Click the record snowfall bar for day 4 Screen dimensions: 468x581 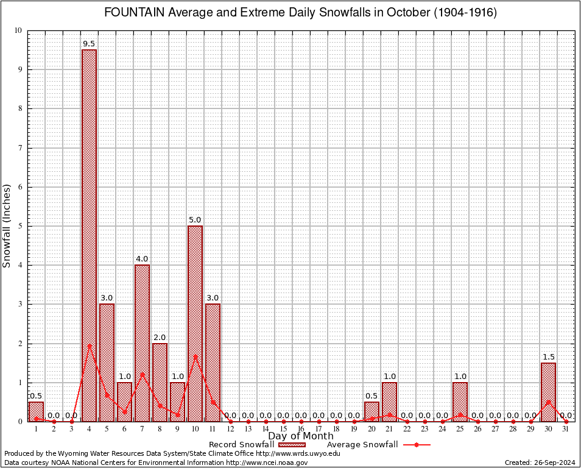click(89, 235)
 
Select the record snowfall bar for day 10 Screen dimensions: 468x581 click(195, 323)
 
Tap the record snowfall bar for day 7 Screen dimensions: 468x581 click(142, 342)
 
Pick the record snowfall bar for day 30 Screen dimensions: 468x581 click(548, 392)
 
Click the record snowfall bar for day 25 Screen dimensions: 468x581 click(460, 402)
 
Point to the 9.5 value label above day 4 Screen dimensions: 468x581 click(89, 44)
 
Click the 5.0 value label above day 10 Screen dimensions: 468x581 click(195, 220)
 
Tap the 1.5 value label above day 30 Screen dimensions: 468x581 click(548, 357)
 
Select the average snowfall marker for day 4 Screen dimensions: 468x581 click(89, 346)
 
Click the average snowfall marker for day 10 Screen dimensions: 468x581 click(195, 356)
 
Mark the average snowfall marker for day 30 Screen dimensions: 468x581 click(548, 402)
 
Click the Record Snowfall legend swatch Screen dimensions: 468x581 click(292, 445)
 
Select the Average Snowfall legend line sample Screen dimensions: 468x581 click(416, 445)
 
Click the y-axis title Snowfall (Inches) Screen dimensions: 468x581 click(7, 225)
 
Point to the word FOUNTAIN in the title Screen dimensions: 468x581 click(135, 13)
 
